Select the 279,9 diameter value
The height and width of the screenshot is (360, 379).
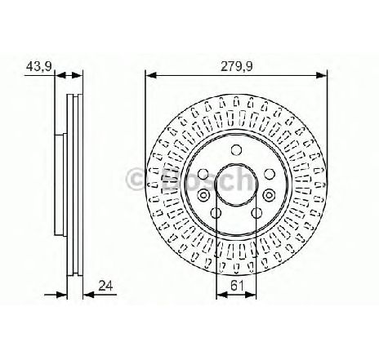[x=237, y=64]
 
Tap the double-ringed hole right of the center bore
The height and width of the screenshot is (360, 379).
[x=270, y=193]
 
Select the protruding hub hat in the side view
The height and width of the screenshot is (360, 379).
[x=59, y=184]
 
